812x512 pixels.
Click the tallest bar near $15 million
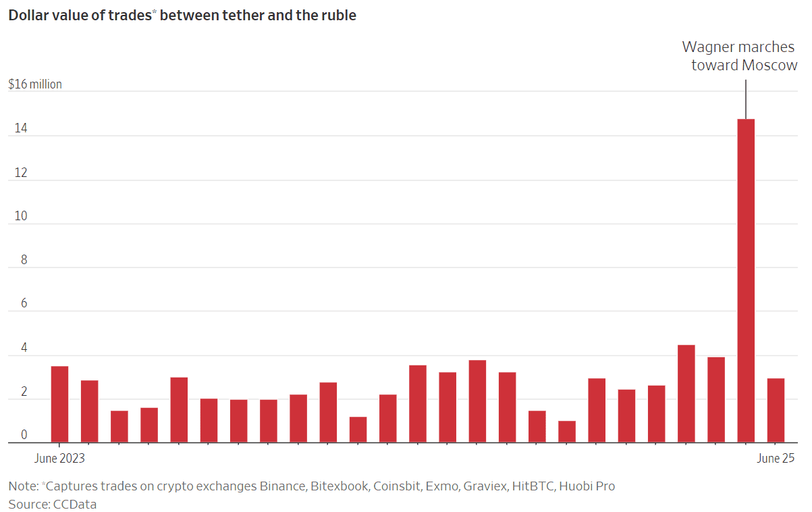[745, 280]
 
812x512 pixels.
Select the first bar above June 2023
[59, 404]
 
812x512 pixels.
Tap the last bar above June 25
[776, 410]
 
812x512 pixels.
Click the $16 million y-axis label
[35, 84]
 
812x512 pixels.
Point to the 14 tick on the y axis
[18, 128]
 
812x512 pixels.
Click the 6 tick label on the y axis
[24, 304]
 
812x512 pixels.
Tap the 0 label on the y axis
[24, 435]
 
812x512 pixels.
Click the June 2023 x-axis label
[59, 459]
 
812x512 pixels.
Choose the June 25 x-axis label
[776, 459]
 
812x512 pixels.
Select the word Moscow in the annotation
[769, 66]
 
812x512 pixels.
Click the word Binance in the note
[282, 486]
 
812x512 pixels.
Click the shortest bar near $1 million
[567, 432]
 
